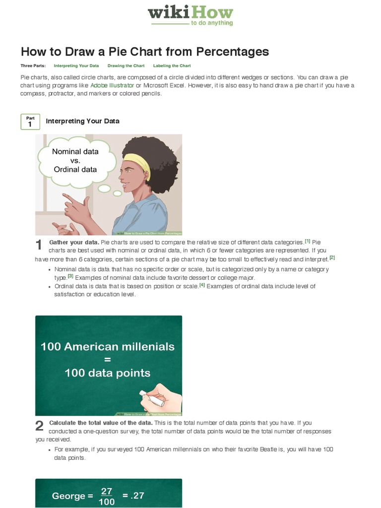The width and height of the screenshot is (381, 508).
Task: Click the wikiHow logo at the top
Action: pyautogui.click(x=190, y=15)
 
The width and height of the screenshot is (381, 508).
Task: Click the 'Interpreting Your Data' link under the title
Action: pyautogui.click(x=76, y=66)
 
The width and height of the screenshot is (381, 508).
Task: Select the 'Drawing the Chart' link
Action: pyautogui.click(x=126, y=66)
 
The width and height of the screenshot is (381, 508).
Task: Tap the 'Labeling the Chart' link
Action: pyautogui.click(x=172, y=66)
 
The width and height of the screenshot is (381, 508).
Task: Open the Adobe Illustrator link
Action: pyautogui.click(x=112, y=86)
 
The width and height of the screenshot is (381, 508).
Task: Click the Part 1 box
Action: pyautogui.click(x=30, y=122)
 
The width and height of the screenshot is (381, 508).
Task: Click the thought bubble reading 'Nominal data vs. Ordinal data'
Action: pyautogui.click(x=75, y=161)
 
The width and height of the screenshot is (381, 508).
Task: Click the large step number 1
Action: pyautogui.click(x=39, y=245)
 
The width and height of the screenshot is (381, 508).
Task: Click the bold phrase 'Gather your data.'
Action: pyautogui.click(x=74, y=242)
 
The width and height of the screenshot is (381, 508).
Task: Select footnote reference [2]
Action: pyautogui.click(x=332, y=257)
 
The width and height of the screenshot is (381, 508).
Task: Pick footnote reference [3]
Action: pyautogui.click(x=70, y=276)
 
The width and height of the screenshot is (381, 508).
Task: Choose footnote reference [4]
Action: pyautogui.click(x=202, y=285)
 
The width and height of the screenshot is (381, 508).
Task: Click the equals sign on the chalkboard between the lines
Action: pyautogui.click(x=108, y=359)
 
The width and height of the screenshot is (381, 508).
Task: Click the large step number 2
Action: pyautogui.click(x=39, y=426)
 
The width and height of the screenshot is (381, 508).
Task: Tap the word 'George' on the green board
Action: pyautogui.click(x=68, y=496)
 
